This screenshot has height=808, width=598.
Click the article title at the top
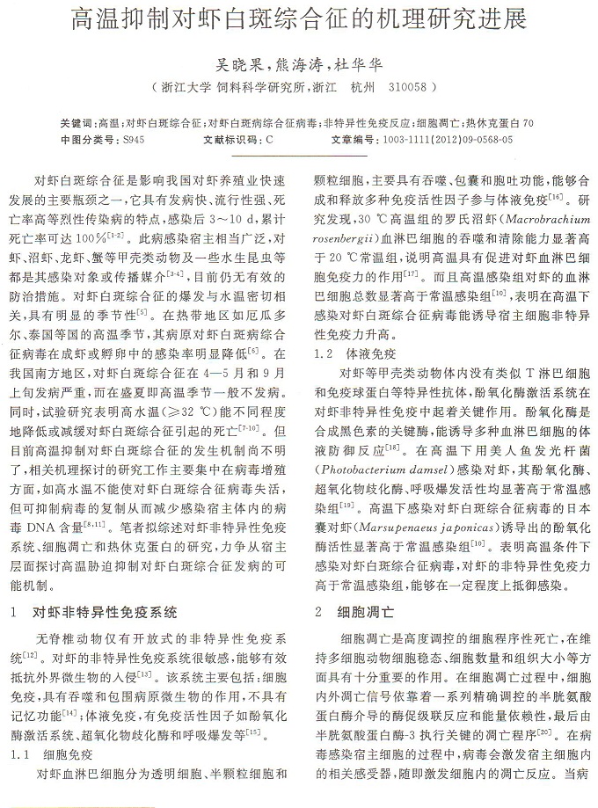point(299,19)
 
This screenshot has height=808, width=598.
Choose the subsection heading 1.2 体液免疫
point(347,354)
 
